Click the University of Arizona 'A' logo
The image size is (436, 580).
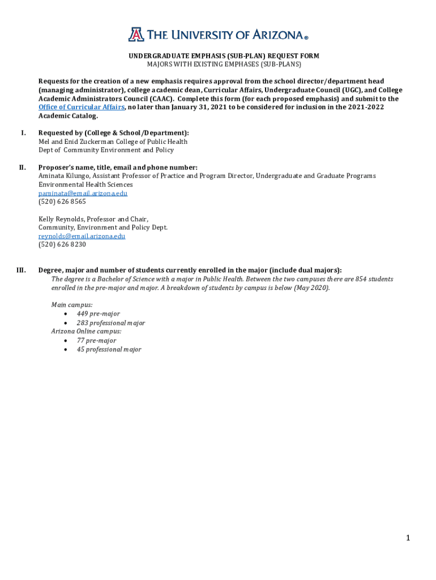[x=136, y=35]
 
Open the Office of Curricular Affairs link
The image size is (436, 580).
[x=81, y=107]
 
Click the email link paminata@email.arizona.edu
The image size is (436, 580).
[x=83, y=193]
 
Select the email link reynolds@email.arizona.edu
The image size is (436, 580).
[x=82, y=236]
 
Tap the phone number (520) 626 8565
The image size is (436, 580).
[x=62, y=202]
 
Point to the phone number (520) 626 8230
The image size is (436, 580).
[x=62, y=245]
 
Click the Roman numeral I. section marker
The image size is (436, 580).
[x=23, y=133]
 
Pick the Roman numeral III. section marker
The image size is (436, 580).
[x=22, y=270]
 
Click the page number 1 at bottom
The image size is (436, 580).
[x=407, y=538]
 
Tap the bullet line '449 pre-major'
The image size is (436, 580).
[x=98, y=314]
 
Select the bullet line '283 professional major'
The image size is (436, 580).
[x=110, y=323]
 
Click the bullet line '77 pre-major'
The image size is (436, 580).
[x=96, y=340]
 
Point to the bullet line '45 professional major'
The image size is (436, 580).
[x=109, y=349]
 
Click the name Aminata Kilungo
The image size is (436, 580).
[x=63, y=176]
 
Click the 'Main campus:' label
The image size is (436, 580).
[x=72, y=305]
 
